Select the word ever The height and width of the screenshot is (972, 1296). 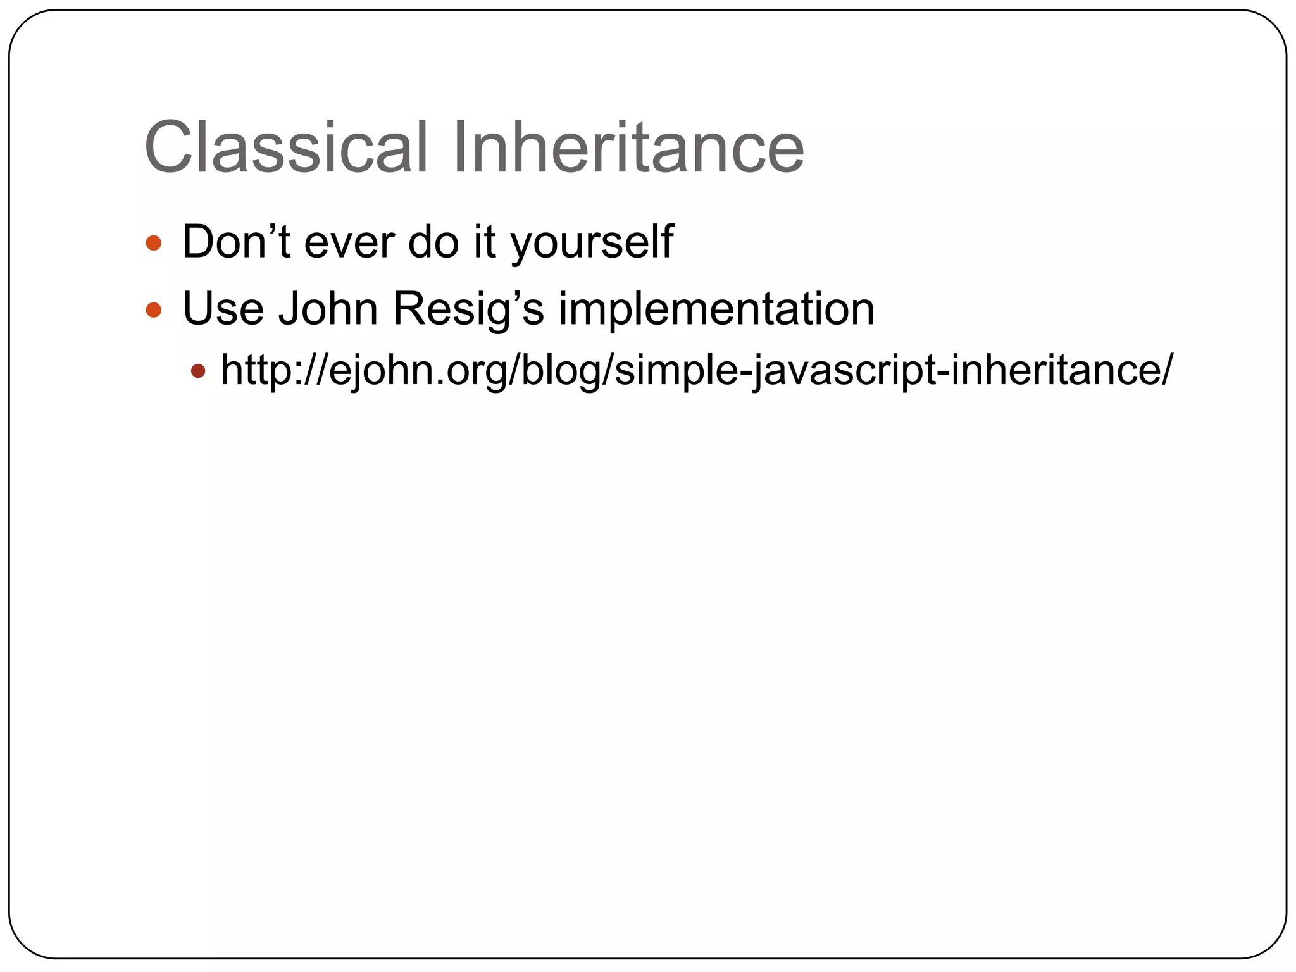(x=349, y=243)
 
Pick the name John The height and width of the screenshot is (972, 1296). (x=328, y=309)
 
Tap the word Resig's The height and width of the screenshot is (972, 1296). (x=468, y=310)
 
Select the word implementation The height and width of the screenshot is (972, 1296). (x=716, y=310)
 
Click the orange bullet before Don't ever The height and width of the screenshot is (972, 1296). (x=154, y=243)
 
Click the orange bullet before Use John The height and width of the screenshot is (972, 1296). (x=154, y=310)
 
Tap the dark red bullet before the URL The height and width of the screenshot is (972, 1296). (x=199, y=371)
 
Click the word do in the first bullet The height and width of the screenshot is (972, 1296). (x=433, y=243)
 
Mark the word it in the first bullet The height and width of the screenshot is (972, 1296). (x=485, y=243)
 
